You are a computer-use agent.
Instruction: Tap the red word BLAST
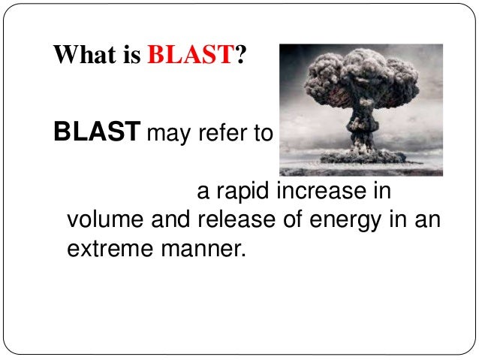coord(191,56)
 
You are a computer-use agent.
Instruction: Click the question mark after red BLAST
coord(240,56)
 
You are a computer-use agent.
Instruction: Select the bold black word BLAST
coord(96,133)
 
